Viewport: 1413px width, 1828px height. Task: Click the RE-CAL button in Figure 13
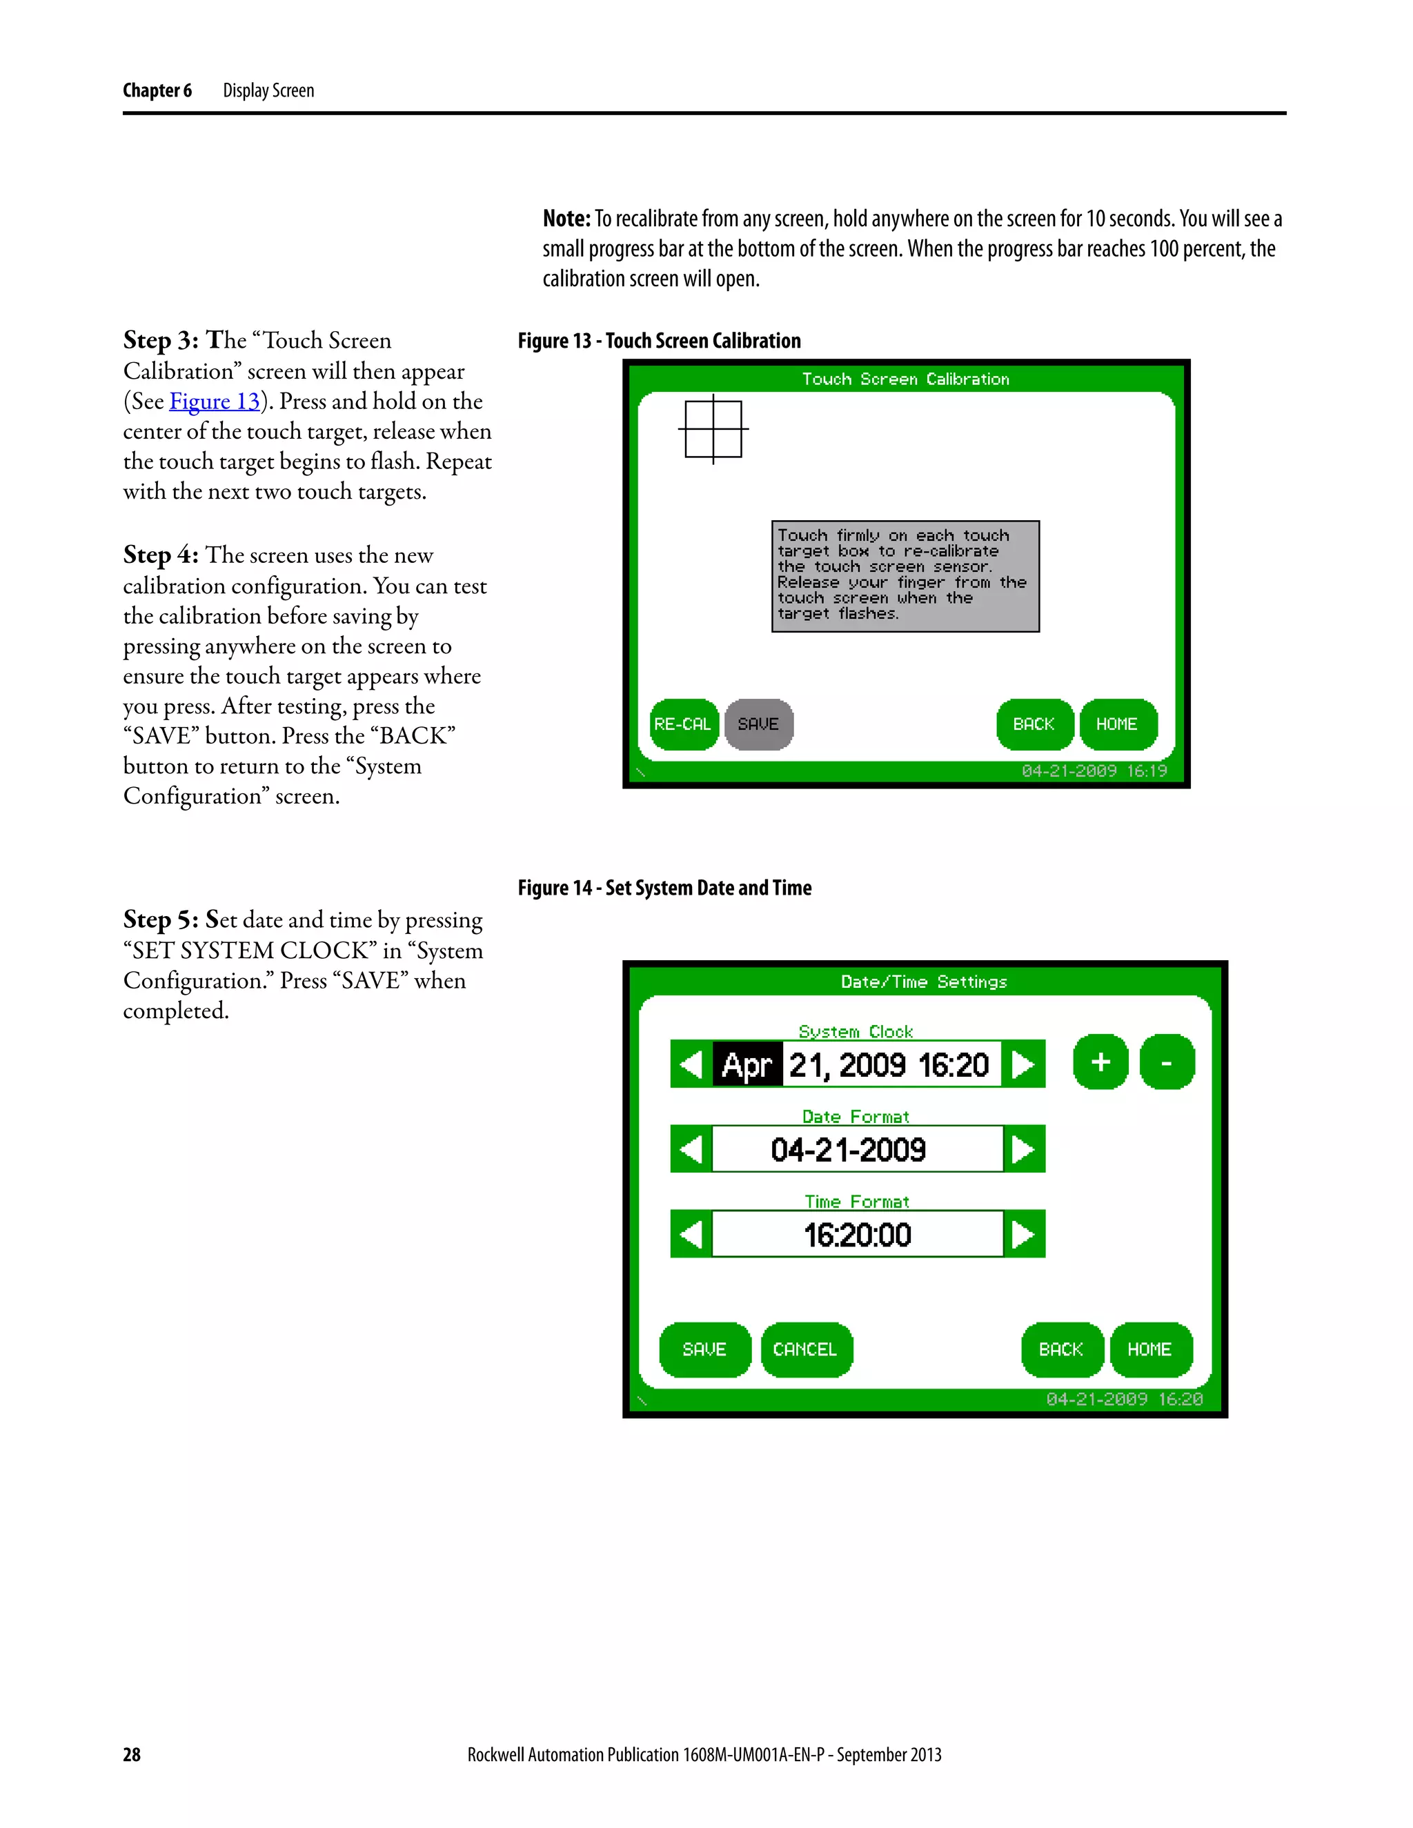click(x=683, y=724)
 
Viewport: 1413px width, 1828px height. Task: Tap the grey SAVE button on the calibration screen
click(x=758, y=724)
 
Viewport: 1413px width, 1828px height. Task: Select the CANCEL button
click(x=805, y=1349)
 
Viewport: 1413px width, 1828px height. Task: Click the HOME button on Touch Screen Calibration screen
click(x=1118, y=724)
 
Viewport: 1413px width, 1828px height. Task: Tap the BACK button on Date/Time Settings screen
click(x=1061, y=1349)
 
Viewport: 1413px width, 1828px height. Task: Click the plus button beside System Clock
click(x=1100, y=1062)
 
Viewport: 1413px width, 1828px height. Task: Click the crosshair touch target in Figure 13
click(x=713, y=429)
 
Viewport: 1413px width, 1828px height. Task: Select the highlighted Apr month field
click(x=747, y=1064)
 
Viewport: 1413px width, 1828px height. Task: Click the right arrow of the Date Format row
click(x=1024, y=1149)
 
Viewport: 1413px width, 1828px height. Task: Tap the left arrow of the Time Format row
click(x=691, y=1234)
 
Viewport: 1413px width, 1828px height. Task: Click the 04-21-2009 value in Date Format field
click(x=849, y=1150)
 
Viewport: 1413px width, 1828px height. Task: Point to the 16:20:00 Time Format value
click(x=857, y=1235)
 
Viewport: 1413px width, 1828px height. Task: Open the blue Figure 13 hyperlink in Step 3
click(x=215, y=401)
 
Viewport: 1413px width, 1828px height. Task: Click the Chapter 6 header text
click(x=157, y=90)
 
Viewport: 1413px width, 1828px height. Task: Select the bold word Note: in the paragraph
click(x=566, y=219)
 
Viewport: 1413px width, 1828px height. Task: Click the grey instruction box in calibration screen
click(x=905, y=576)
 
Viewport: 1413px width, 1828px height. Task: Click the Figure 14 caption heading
click(x=664, y=888)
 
